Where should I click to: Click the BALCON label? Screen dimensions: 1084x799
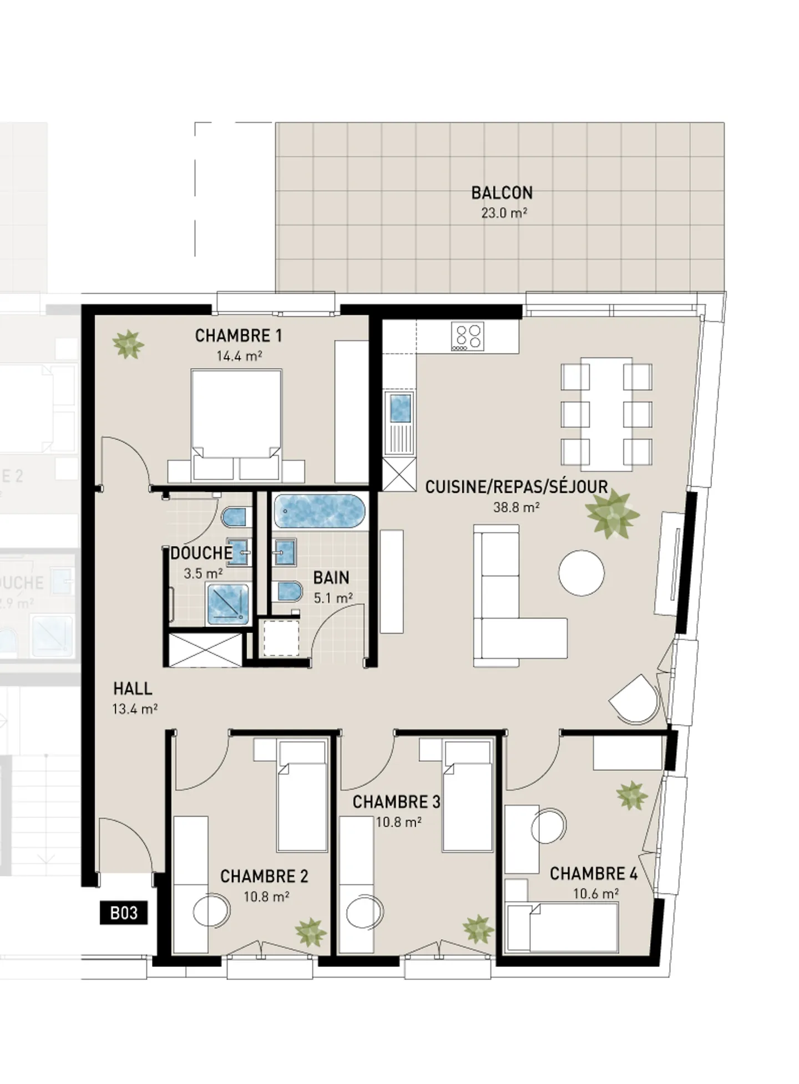(502, 193)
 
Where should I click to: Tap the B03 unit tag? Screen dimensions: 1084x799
(123, 913)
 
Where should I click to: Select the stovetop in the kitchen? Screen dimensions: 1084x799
(467, 337)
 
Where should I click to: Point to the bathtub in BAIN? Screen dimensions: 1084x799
(320, 511)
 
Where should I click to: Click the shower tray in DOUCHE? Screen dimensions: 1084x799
(227, 604)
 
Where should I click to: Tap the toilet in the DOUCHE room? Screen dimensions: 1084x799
(235, 517)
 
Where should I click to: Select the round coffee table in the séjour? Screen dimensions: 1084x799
(581, 573)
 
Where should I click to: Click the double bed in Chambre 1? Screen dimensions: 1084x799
(236, 424)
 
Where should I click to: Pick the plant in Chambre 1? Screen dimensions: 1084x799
(128, 344)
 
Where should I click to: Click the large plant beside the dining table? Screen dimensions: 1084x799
(611, 513)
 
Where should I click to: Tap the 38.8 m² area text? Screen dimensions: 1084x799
(516, 507)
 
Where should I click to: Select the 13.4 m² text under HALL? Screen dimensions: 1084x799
(134, 709)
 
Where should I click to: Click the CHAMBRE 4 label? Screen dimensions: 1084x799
(593, 874)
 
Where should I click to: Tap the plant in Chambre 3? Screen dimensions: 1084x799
(478, 929)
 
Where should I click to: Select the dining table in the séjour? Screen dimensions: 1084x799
(606, 414)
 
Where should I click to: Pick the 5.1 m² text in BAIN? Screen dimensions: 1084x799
(333, 599)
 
